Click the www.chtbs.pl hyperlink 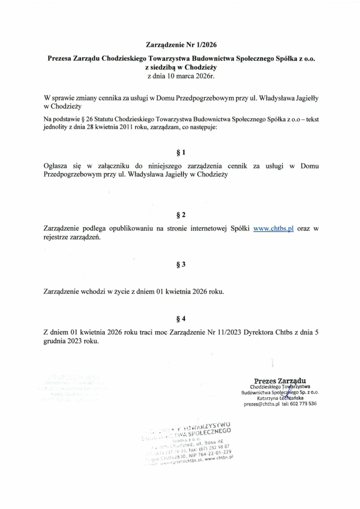pos(273,229)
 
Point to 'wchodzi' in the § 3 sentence pos(92,291)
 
